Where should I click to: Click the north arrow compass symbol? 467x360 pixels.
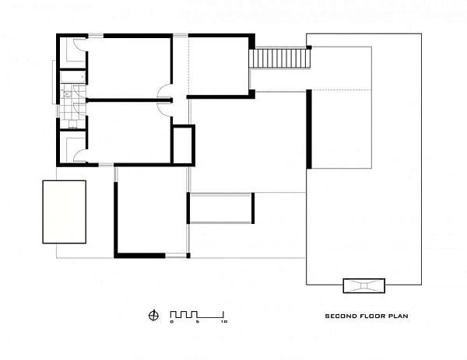tap(153, 316)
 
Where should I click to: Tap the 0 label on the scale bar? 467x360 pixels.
tap(171, 322)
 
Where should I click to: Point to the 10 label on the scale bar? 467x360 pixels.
tap(224, 322)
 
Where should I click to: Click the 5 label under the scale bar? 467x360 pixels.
tap(197, 322)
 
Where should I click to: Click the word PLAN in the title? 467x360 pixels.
tap(399, 316)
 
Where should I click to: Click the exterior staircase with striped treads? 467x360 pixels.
tap(280, 58)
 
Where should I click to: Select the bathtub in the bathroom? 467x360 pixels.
tap(73, 77)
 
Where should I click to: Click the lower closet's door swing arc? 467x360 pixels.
tap(79, 154)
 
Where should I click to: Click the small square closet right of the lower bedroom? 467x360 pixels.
tap(184, 145)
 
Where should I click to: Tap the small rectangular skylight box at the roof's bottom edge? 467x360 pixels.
tap(364, 285)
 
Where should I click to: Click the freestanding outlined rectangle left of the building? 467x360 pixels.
tap(65, 211)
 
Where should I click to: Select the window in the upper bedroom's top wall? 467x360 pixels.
tap(96, 36)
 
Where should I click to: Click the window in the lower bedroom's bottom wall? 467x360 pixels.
tap(106, 165)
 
